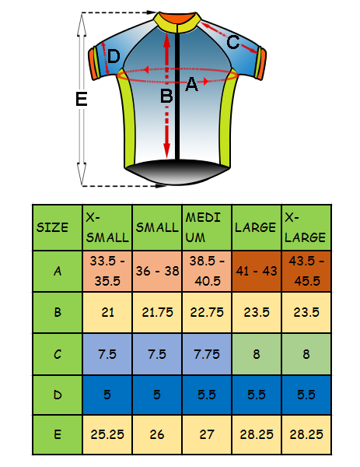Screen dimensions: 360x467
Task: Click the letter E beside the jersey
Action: pos(81,99)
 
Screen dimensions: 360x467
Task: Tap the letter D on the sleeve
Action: pos(114,56)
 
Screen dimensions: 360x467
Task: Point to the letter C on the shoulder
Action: pos(233,42)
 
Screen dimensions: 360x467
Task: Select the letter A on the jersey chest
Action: pos(191,84)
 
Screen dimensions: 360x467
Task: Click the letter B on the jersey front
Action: pos(166,97)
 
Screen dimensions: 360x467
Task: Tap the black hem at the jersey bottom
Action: pos(177,172)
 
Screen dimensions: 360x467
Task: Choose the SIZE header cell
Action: pos(58,227)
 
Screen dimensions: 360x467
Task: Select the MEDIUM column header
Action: pos(207,227)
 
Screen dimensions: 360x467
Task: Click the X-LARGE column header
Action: pos(306,227)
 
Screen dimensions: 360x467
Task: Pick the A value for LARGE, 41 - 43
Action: pos(257,271)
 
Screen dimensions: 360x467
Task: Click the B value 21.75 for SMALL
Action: pos(157,312)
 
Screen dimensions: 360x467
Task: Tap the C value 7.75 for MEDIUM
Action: pos(207,354)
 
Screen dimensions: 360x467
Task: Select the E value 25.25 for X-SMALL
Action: pos(107,434)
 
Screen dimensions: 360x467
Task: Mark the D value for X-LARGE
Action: pos(306,395)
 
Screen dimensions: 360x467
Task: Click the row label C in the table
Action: pos(58,354)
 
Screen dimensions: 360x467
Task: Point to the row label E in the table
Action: pos(58,434)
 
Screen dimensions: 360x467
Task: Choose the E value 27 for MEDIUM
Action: pos(207,434)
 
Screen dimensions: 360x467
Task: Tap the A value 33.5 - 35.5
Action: pos(107,271)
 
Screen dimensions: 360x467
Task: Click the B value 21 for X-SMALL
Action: pos(107,312)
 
